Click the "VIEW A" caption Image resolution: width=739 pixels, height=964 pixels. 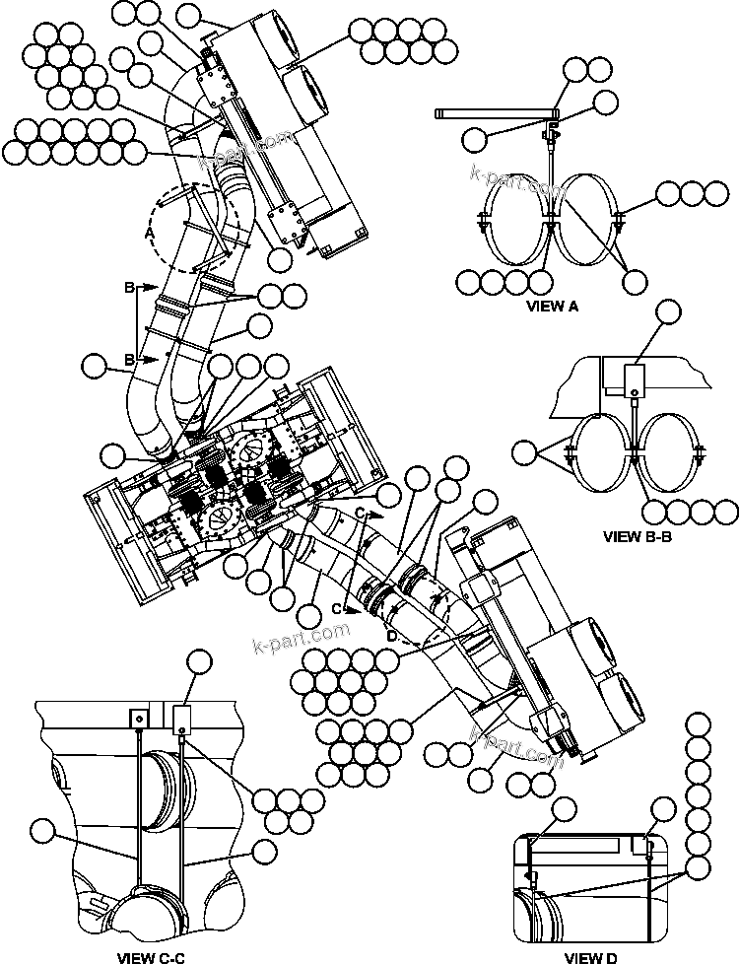click(x=552, y=306)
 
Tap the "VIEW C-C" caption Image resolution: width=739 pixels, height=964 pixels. click(x=150, y=956)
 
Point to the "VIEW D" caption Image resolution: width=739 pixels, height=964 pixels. click(x=591, y=956)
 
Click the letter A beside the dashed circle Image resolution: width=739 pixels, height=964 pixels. click(x=150, y=234)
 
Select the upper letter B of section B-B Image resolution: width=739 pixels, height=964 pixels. click(x=129, y=287)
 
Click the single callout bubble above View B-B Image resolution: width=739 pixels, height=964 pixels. click(x=669, y=314)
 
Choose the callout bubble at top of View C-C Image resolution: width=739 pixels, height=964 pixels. click(x=200, y=661)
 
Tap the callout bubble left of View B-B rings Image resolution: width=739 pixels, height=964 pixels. click(x=526, y=453)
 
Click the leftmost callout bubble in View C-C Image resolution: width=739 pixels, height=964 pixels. click(x=41, y=831)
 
